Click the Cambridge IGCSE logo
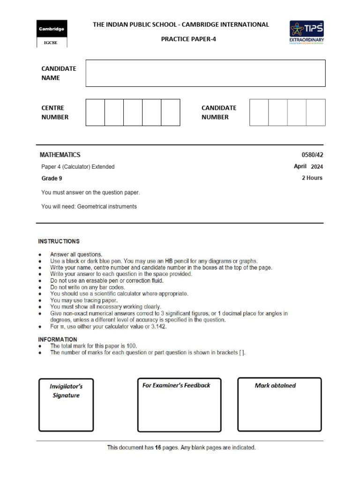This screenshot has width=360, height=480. [x=52, y=34]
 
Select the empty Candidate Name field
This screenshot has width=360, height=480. [x=205, y=73]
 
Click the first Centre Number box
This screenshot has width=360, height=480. [x=95, y=112]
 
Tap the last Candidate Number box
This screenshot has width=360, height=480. [x=315, y=112]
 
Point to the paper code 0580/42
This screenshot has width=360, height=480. [x=312, y=155]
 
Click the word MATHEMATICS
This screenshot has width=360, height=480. [x=60, y=155]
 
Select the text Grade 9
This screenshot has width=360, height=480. [x=52, y=178]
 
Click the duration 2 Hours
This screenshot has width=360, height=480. [x=312, y=178]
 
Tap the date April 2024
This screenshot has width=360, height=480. [x=308, y=166]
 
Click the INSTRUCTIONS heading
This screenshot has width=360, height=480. [x=59, y=241]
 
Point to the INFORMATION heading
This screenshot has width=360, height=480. [x=58, y=339]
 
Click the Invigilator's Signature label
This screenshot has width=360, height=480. [x=66, y=391]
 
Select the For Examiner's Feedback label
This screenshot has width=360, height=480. [x=176, y=385]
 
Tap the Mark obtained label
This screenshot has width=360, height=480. [x=275, y=385]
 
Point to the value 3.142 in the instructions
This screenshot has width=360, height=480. [x=157, y=327]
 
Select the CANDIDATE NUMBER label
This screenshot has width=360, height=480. [x=219, y=112]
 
